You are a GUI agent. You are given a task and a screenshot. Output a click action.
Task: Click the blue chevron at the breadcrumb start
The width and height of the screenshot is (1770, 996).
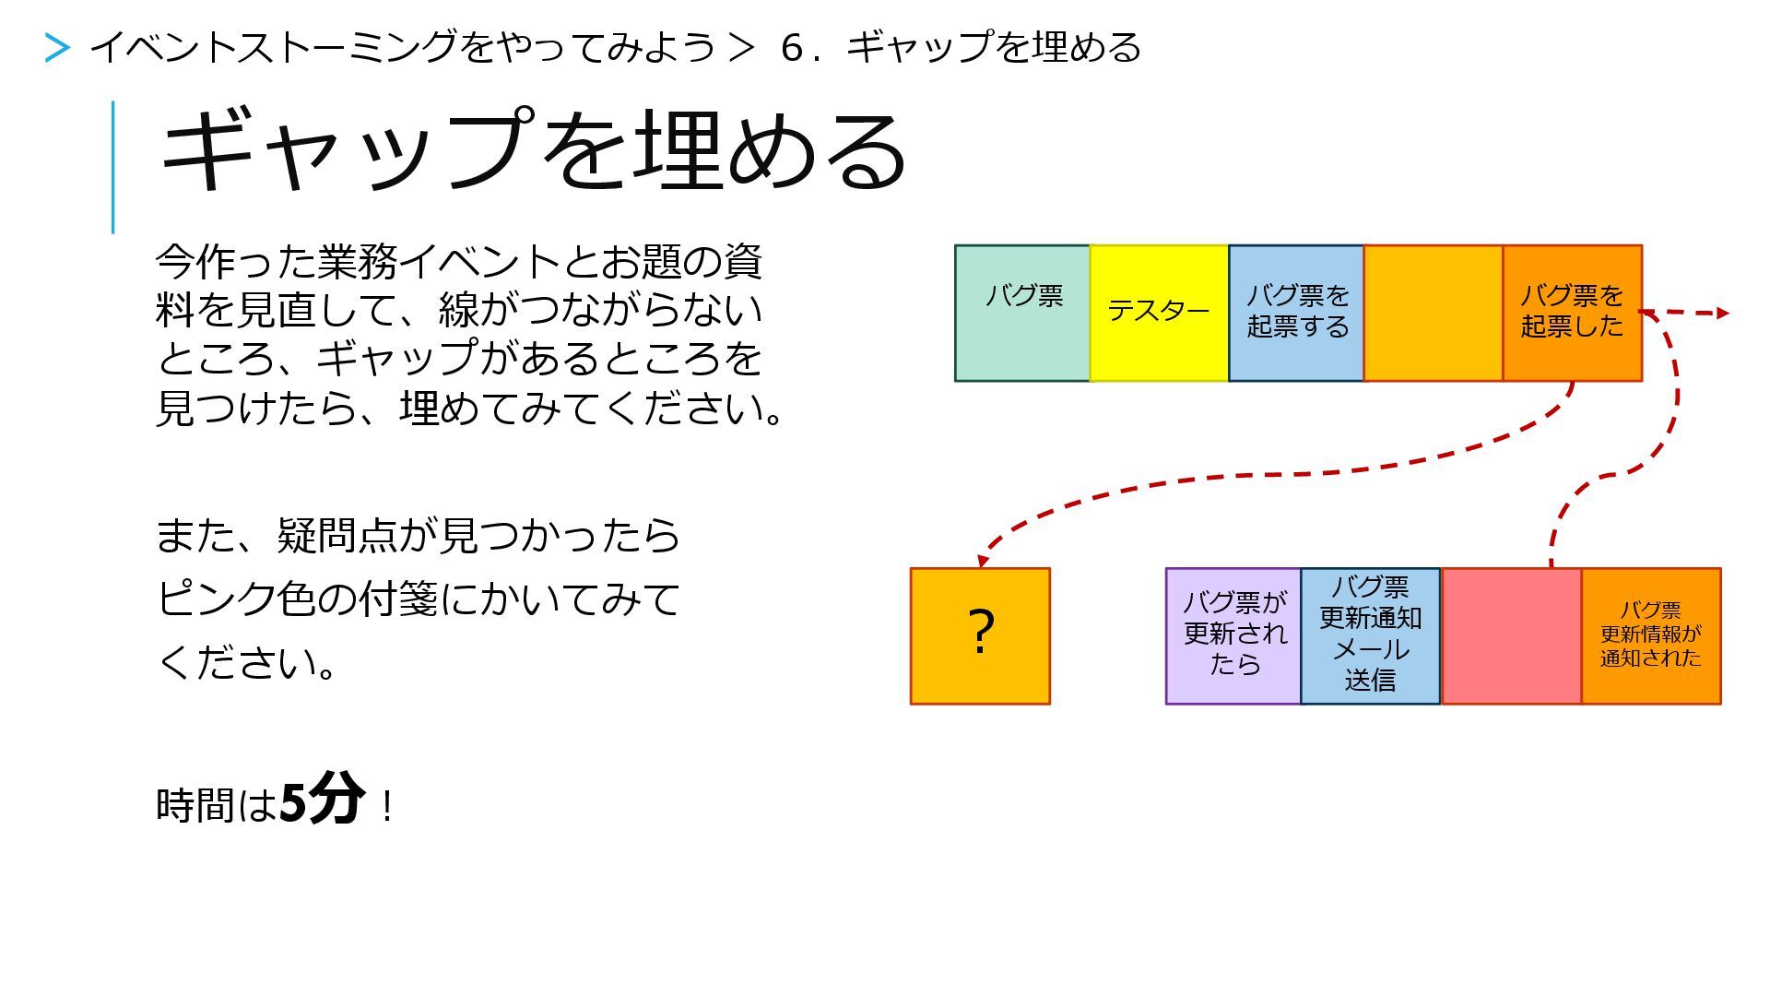[x=57, y=48]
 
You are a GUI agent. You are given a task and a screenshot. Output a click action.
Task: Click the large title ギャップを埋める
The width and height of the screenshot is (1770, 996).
[x=533, y=150]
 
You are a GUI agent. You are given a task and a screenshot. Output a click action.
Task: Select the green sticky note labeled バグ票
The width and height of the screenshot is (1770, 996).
[x=1021, y=313]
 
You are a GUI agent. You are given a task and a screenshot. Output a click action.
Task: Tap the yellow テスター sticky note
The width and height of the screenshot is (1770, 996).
[x=1159, y=313]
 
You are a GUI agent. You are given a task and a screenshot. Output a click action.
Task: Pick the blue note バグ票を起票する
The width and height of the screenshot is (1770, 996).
[x=1296, y=313]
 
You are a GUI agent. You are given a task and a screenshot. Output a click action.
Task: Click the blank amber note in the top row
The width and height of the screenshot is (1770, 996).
[x=1433, y=313]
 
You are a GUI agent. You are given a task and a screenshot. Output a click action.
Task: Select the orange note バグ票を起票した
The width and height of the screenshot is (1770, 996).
[x=1572, y=313]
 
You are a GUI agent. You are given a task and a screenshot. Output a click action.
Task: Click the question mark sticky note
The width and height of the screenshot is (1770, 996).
[x=980, y=635]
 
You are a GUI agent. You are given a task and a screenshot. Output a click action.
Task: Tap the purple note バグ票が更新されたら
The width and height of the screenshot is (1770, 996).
[x=1233, y=635]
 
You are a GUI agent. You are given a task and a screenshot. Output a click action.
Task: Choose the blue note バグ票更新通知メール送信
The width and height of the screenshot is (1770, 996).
[x=1370, y=635]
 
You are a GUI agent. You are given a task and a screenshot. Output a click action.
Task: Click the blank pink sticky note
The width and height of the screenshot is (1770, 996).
[x=1511, y=635]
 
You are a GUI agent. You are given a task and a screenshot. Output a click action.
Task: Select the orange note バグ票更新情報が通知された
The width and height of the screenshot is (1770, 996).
[x=1651, y=635]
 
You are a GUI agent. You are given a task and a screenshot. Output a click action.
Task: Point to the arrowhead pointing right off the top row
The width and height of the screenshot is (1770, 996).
[x=1722, y=314]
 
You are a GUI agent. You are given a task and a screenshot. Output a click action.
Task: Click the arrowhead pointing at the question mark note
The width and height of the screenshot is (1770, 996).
[x=983, y=560]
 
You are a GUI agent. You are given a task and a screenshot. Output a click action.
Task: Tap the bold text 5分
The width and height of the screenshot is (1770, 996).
[x=322, y=800]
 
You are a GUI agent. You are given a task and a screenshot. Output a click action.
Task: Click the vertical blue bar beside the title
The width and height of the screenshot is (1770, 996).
[x=113, y=167]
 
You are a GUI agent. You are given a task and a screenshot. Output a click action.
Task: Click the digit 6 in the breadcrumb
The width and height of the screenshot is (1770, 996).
[x=791, y=48]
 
